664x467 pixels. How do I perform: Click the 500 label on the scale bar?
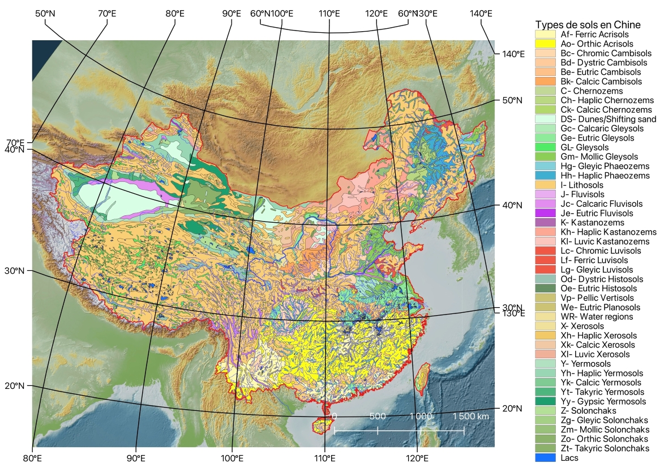(x=378, y=416)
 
